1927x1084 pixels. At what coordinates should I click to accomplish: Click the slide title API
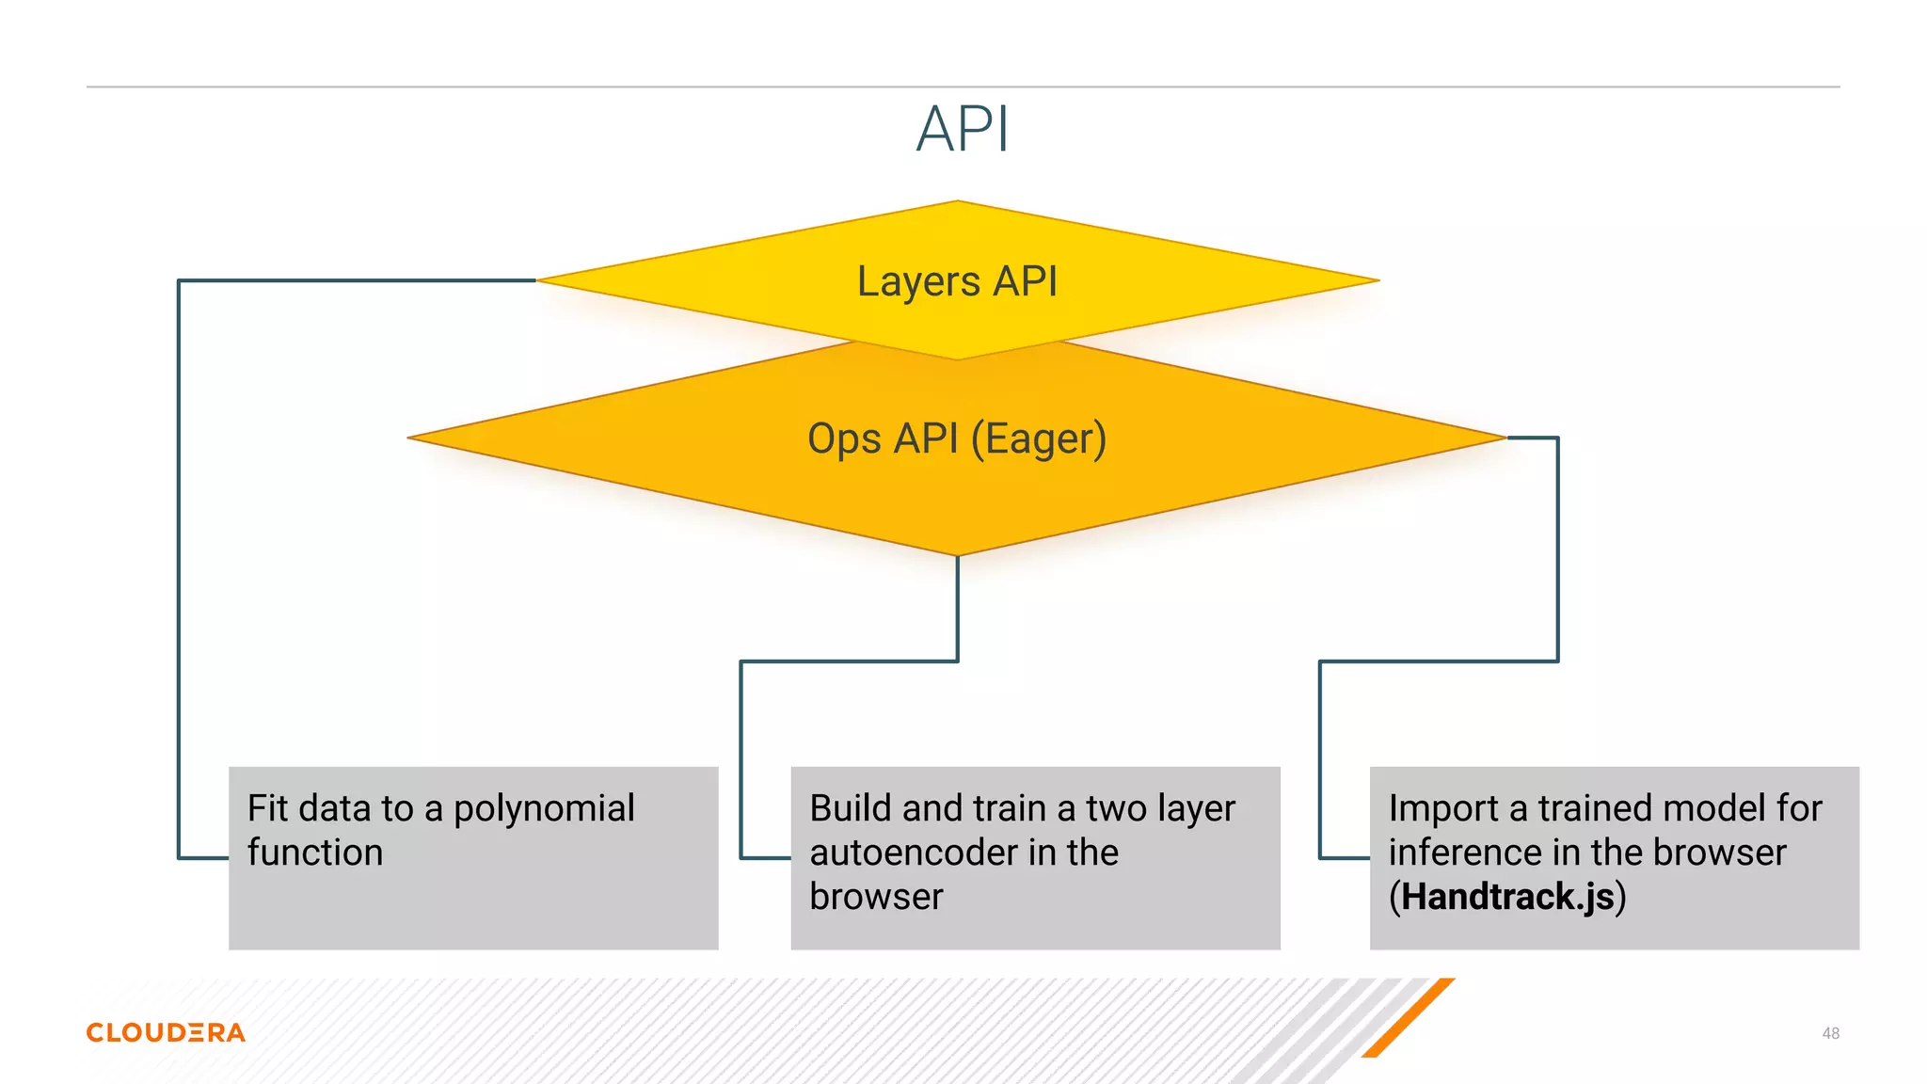tap(962, 129)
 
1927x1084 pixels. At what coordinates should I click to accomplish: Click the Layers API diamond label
tap(957, 281)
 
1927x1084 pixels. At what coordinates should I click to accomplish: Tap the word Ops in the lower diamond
tap(843, 439)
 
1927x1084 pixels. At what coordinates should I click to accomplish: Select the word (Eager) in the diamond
tap(1038, 439)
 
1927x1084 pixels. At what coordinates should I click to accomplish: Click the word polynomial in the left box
tap(544, 808)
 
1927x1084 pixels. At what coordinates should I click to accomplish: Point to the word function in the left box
tap(315, 853)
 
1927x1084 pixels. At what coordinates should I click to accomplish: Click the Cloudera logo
tap(166, 1032)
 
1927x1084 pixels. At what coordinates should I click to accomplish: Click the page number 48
tap(1830, 1033)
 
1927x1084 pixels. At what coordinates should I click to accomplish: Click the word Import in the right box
tap(1442, 808)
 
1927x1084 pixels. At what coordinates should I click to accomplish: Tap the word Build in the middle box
tap(850, 808)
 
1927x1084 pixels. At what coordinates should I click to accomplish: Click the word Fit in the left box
tap(267, 808)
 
